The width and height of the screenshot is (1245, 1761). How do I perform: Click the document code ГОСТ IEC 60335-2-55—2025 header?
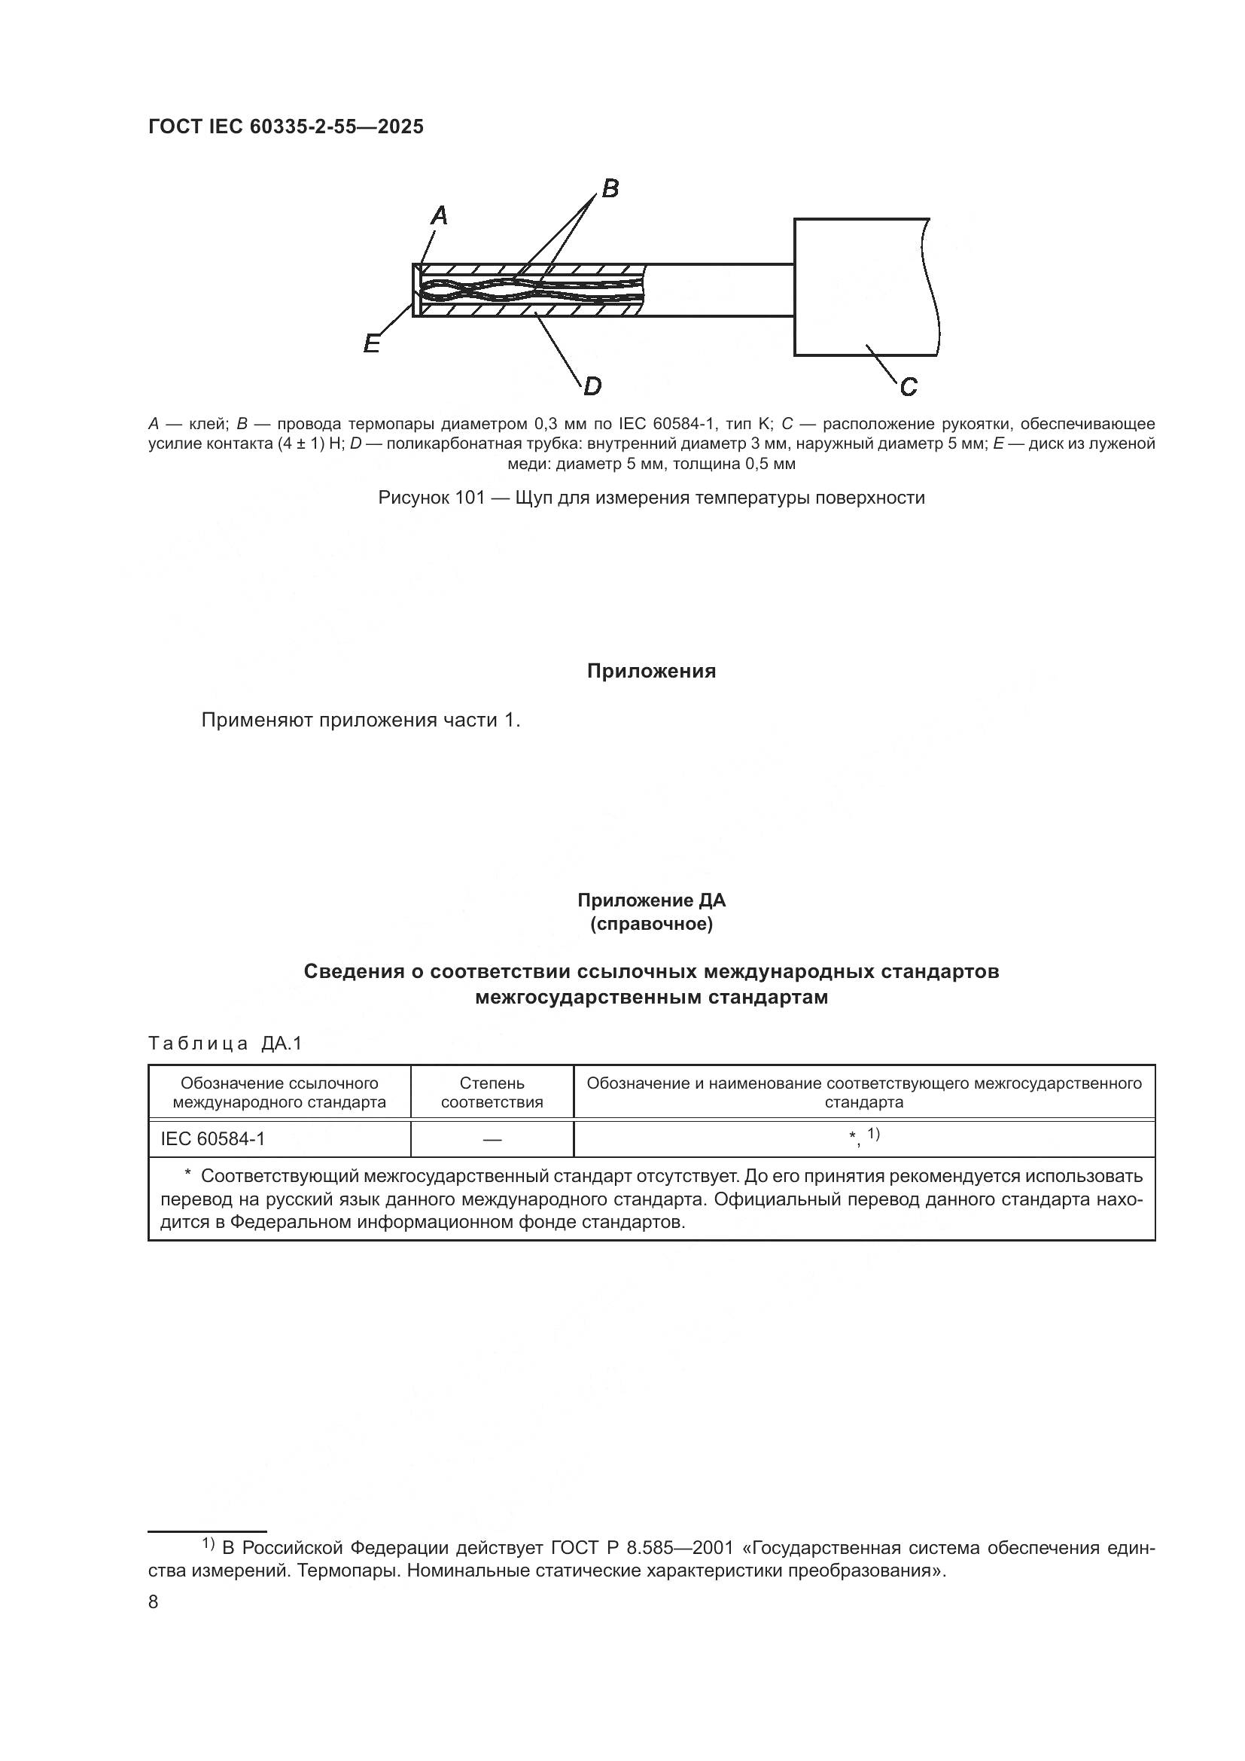(285, 127)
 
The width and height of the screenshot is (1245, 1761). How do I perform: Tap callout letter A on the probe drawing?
(440, 216)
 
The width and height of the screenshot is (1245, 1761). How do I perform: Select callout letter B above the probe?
(610, 188)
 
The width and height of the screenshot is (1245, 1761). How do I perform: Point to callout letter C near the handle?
(909, 386)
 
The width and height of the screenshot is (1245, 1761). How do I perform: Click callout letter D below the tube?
(592, 386)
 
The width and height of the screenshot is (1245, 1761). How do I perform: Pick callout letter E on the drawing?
(372, 344)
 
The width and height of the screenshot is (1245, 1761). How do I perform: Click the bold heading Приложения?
(651, 671)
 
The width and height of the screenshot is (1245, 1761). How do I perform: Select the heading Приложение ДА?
(651, 900)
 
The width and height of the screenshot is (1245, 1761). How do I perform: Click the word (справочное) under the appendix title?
(651, 925)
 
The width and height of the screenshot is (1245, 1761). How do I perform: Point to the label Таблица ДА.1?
(225, 1043)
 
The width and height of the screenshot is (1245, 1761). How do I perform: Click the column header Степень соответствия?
(492, 1092)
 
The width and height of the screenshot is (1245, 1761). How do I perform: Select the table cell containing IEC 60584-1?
(212, 1139)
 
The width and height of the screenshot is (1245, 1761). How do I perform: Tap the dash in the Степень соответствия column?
(492, 1140)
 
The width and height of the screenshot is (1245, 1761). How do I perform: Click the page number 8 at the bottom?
(154, 1602)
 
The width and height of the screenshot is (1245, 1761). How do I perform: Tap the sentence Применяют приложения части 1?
(361, 721)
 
